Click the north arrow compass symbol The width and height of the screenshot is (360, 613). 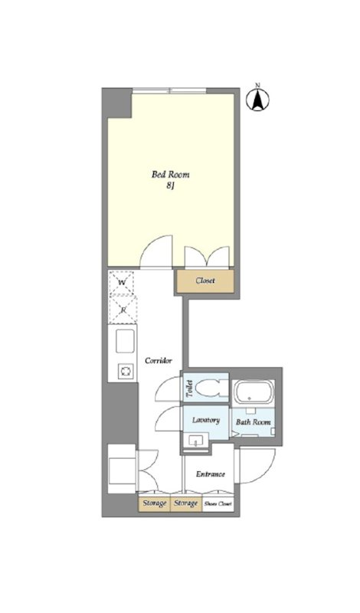pyautogui.click(x=257, y=99)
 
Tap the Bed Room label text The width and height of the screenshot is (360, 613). pyautogui.click(x=170, y=175)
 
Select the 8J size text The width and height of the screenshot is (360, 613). pyautogui.click(x=170, y=186)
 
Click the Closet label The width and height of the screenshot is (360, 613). pyautogui.click(x=205, y=280)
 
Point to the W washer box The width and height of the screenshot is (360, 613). pyautogui.click(x=122, y=282)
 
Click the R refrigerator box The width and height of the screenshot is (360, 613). pyautogui.click(x=123, y=310)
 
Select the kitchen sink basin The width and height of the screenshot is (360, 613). pyautogui.click(x=125, y=341)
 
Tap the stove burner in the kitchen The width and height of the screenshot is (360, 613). pyautogui.click(x=126, y=371)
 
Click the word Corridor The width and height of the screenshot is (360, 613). pyautogui.click(x=159, y=361)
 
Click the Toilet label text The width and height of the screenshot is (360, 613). pyautogui.click(x=189, y=388)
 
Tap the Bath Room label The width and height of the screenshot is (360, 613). pyautogui.click(x=254, y=422)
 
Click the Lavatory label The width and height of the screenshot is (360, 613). pyautogui.click(x=206, y=420)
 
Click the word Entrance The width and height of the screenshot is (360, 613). pyautogui.click(x=211, y=474)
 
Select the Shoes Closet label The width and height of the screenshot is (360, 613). pyautogui.click(x=218, y=504)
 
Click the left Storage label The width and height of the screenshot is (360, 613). pyautogui.click(x=155, y=503)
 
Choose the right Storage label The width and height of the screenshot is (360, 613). pyautogui.click(x=186, y=503)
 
